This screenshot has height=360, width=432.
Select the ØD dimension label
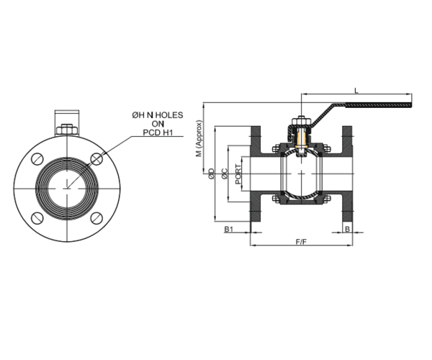(211, 174)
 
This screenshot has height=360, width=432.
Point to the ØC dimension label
(225, 174)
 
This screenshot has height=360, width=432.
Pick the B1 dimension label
(230, 229)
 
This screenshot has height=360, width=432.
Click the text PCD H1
(158, 132)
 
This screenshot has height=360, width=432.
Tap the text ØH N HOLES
(158, 114)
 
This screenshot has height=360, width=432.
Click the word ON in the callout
(158, 123)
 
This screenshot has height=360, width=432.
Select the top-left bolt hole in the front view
(40, 161)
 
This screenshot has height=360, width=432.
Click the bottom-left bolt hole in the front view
(40, 217)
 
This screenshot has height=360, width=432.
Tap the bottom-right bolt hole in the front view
(95, 217)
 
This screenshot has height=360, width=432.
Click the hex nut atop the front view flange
(67, 130)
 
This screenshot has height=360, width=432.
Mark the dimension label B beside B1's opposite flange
(348, 229)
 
